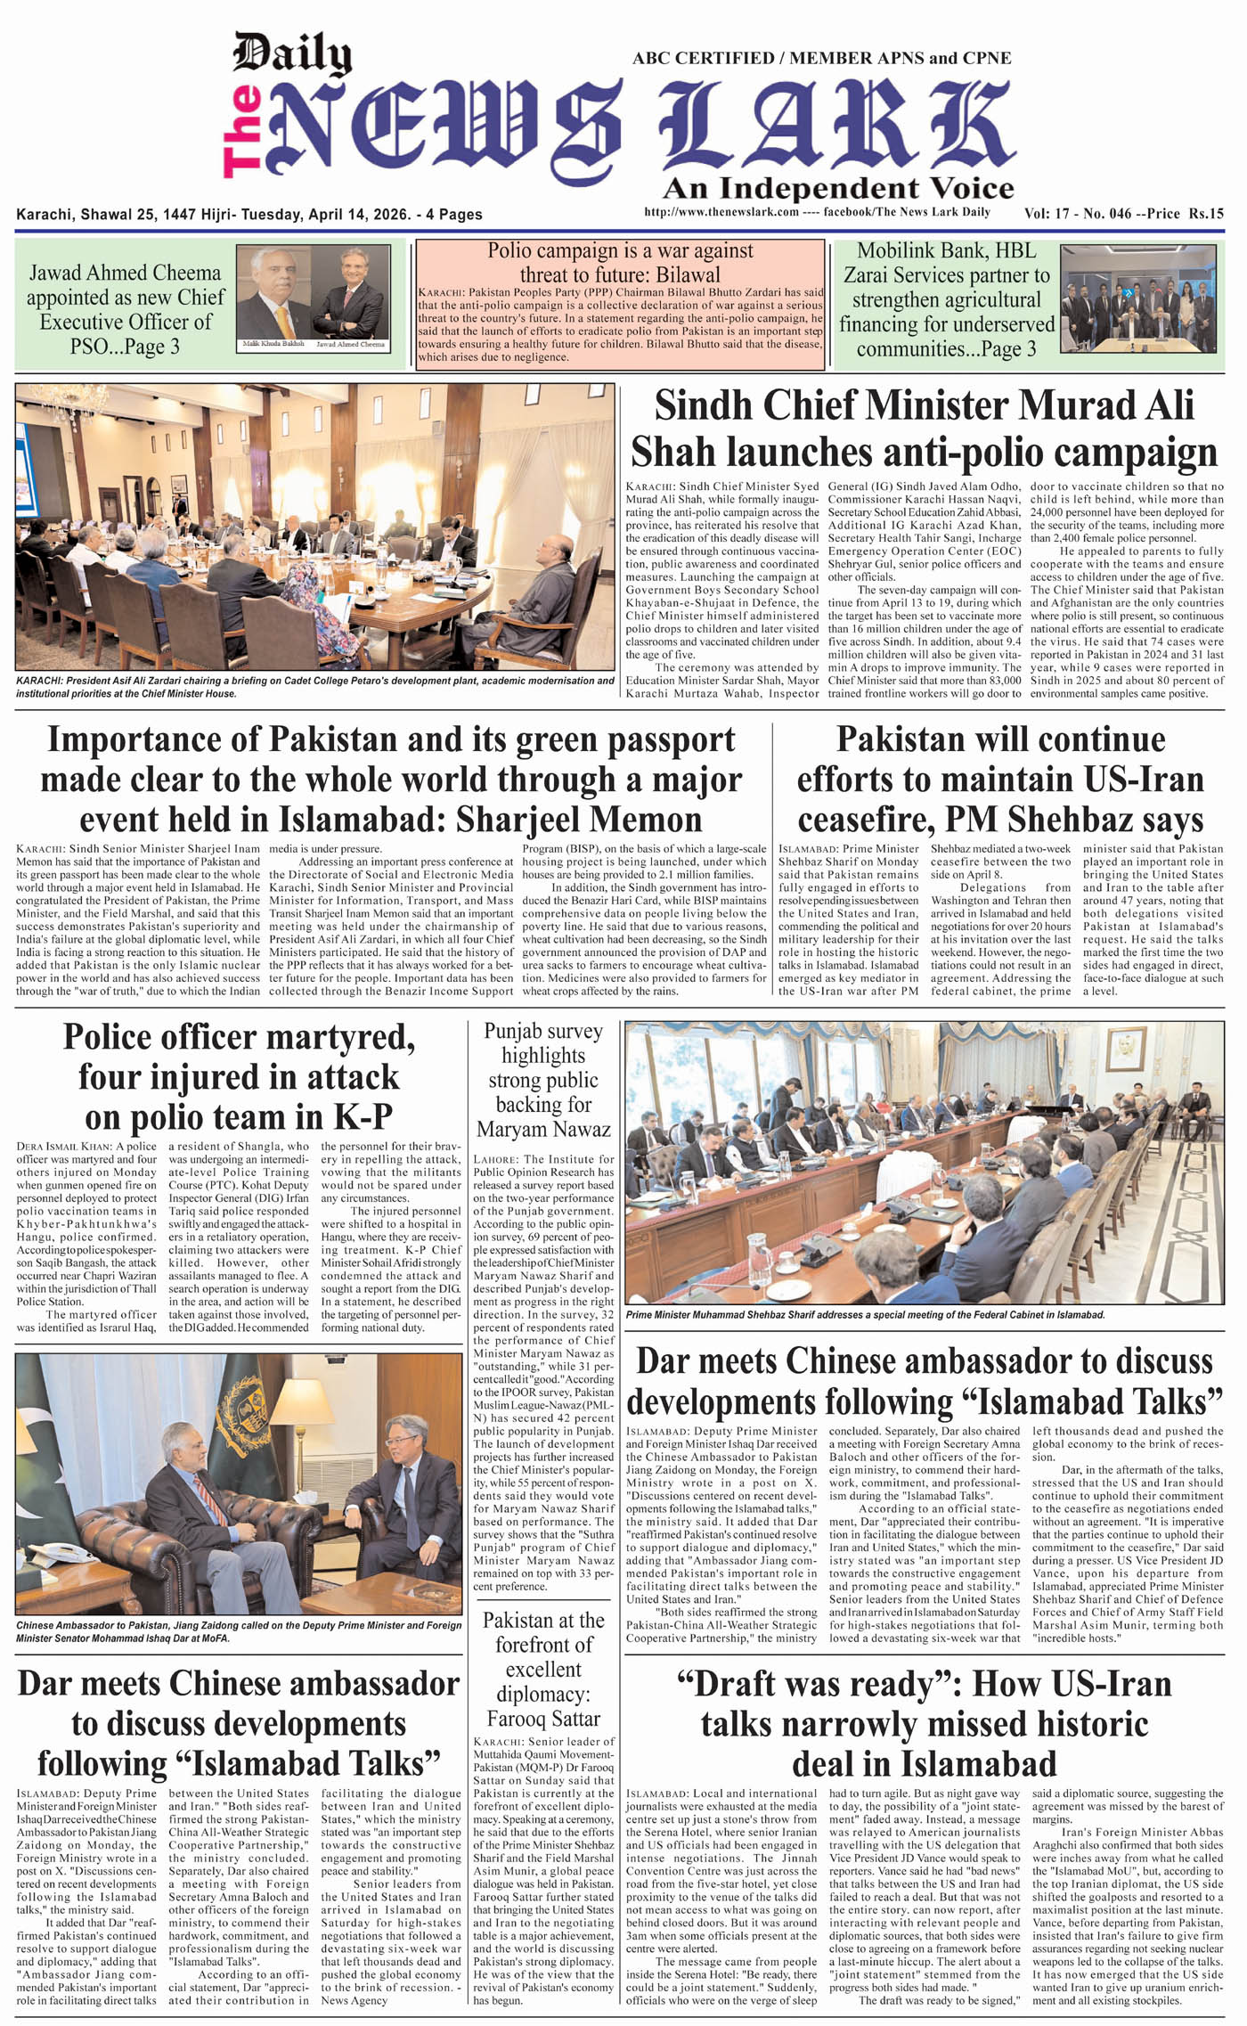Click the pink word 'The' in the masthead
[x=240, y=131]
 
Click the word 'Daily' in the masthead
[x=291, y=56]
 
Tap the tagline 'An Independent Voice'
[x=837, y=188]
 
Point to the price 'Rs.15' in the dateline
[x=1206, y=214]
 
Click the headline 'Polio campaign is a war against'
[x=620, y=251]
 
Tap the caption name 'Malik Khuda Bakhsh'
[x=273, y=344]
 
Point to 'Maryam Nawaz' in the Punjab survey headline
[x=543, y=1130]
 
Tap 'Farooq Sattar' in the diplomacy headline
[x=543, y=1719]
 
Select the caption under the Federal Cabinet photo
[x=865, y=1315]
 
